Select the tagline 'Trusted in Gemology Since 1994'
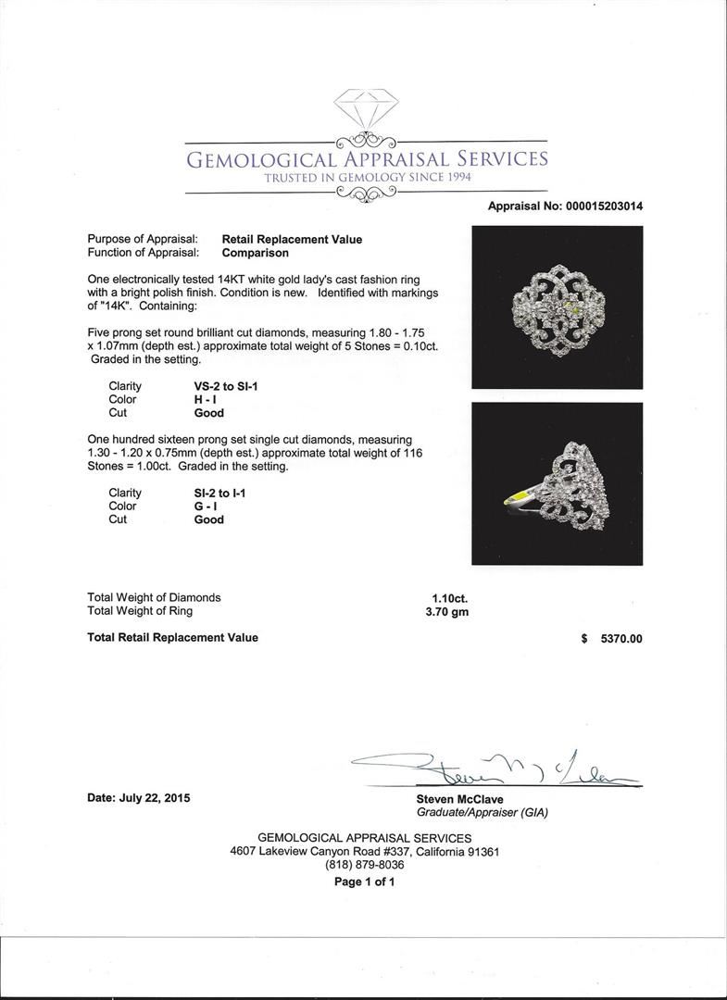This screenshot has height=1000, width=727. click(x=368, y=178)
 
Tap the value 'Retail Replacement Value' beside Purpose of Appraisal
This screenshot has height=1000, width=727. click(x=292, y=239)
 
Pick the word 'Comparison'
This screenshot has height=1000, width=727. click(x=255, y=253)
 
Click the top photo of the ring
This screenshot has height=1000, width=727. click(x=557, y=306)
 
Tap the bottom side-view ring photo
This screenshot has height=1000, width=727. click(x=557, y=483)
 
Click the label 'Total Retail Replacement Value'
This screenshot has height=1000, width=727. click(x=172, y=638)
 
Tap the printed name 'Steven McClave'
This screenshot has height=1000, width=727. click(x=460, y=799)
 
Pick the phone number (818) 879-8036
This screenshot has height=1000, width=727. click(x=364, y=866)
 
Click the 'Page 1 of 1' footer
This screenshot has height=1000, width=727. click(x=364, y=881)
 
